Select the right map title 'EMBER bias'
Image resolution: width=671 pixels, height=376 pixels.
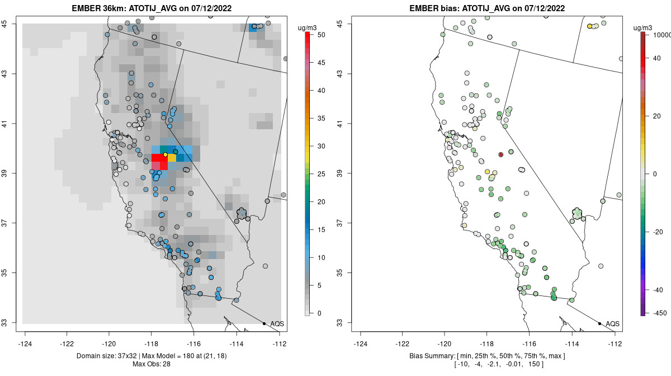[434, 8]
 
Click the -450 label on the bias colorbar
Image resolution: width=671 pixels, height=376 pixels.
[658, 313]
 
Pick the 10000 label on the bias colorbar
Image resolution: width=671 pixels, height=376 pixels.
[661, 35]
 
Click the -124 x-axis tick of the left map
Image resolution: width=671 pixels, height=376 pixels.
[25, 344]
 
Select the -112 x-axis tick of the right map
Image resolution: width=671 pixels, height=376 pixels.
[615, 344]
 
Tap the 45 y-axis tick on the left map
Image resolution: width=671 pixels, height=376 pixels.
[4, 23]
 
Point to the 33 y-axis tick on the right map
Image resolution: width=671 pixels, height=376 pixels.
[340, 323]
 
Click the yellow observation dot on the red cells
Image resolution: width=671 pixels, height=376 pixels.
[165, 155]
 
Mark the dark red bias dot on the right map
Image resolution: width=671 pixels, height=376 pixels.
[500, 155]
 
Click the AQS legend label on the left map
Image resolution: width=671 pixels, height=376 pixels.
[277, 324]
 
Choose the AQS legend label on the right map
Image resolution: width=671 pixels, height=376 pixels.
[612, 324]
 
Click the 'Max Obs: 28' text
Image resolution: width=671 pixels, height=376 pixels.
[152, 364]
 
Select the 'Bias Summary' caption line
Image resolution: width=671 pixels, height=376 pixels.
[488, 356]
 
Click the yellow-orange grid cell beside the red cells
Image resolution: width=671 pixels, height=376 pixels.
[172, 158]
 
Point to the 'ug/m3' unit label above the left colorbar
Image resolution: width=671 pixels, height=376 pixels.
[307, 28]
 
